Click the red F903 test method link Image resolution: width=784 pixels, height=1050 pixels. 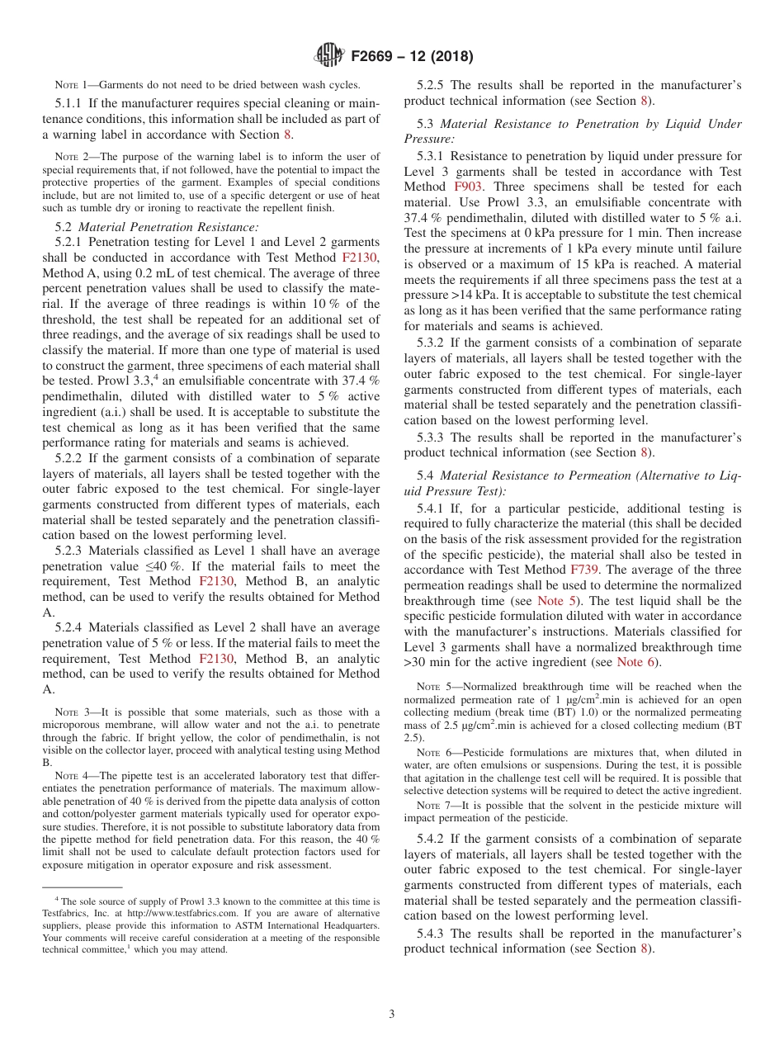pyautogui.click(x=469, y=187)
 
